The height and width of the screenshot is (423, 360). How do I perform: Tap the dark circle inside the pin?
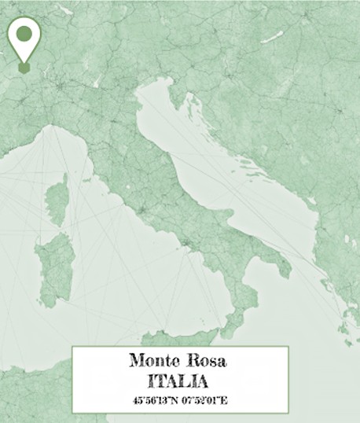(24, 34)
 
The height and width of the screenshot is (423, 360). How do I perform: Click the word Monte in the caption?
(154, 362)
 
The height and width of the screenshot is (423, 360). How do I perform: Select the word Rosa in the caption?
(206, 362)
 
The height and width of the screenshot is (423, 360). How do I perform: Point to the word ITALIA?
(180, 382)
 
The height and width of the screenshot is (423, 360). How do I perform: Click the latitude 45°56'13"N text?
(156, 401)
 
